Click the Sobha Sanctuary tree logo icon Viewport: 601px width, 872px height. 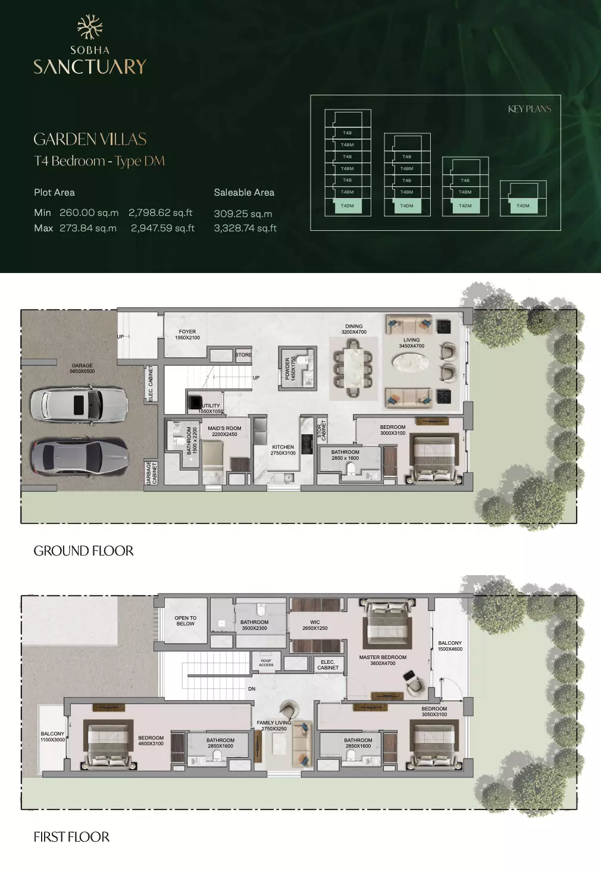pos(90,27)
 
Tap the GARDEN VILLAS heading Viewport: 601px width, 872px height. pos(90,139)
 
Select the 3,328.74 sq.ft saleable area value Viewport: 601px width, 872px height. pos(245,228)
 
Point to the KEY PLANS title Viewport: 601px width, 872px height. pos(529,109)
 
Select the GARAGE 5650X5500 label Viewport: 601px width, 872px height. pos(82,368)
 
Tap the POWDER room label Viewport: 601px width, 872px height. pos(290,369)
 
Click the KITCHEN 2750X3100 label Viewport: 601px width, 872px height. pos(283,450)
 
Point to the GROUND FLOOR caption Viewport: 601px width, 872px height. pos(83,551)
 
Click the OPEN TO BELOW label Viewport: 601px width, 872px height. pos(185,620)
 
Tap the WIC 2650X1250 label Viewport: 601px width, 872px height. pos(315,625)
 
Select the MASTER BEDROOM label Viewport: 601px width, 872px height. pos(383,660)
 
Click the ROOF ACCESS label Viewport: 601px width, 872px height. pos(266,663)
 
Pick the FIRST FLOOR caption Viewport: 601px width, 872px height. pos(71,837)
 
